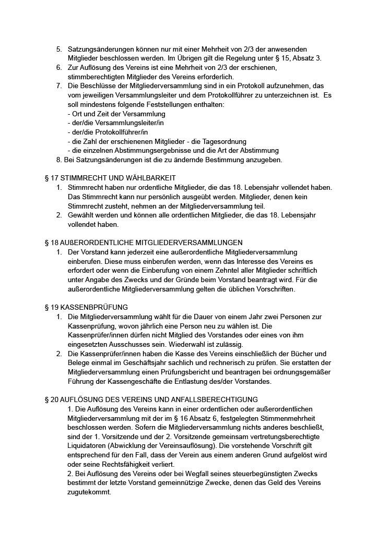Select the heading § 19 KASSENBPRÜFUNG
(86, 307)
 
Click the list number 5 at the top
(59, 49)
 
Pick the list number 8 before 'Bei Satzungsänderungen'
(58, 159)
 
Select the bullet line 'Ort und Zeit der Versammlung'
(116, 114)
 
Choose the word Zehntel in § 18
(239, 270)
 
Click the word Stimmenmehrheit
(271, 418)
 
